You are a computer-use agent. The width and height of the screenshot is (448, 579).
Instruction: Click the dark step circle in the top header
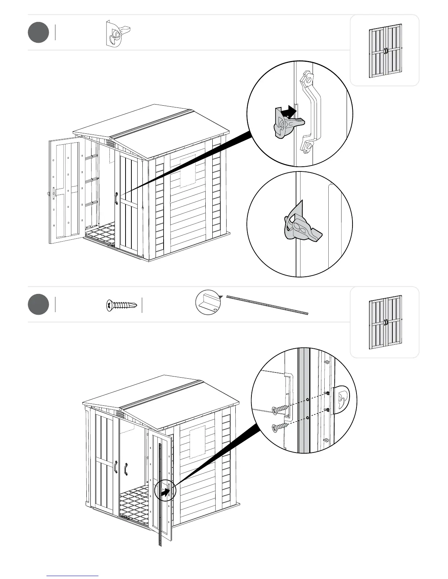(x=38, y=32)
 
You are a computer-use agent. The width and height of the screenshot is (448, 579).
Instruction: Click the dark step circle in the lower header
(x=38, y=304)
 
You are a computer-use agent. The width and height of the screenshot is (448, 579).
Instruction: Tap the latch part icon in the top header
(x=117, y=33)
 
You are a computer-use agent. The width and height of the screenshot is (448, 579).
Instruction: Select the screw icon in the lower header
(x=122, y=305)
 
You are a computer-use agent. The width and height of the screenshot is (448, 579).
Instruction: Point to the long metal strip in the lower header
(x=268, y=305)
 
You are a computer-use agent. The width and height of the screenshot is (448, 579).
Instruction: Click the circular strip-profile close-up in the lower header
(x=208, y=302)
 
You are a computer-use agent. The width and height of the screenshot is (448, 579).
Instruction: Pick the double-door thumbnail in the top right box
(x=385, y=51)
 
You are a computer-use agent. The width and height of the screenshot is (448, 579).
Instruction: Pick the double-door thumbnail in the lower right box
(x=385, y=322)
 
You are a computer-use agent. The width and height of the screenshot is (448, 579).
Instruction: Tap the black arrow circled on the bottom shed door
(x=165, y=492)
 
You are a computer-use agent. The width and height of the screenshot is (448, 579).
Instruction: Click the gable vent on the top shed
(x=111, y=143)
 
